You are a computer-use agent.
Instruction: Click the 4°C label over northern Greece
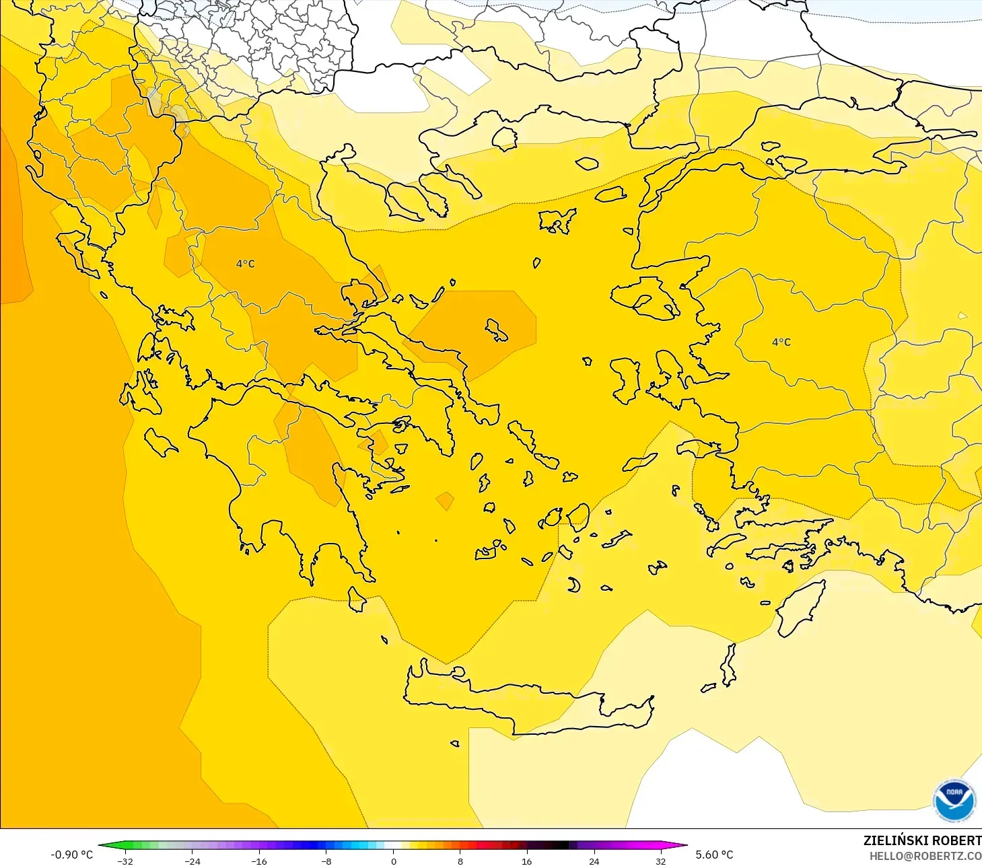[x=246, y=264]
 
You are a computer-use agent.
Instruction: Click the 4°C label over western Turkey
[x=781, y=342]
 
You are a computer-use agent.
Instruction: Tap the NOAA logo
[x=954, y=800]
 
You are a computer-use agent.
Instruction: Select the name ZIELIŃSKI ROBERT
[x=922, y=840]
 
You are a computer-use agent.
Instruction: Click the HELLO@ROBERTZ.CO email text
[x=925, y=856]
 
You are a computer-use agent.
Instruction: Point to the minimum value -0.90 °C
[x=71, y=855]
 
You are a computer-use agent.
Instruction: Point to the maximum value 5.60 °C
[x=714, y=855]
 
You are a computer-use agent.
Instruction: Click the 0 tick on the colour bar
[x=394, y=861]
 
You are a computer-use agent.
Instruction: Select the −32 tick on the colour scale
[x=125, y=861]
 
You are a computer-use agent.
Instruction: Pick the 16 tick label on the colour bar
[x=526, y=861]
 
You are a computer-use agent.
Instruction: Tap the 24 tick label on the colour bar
[x=594, y=861]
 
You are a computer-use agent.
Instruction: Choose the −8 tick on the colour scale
[x=326, y=861]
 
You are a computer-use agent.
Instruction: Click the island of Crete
[x=525, y=707]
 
